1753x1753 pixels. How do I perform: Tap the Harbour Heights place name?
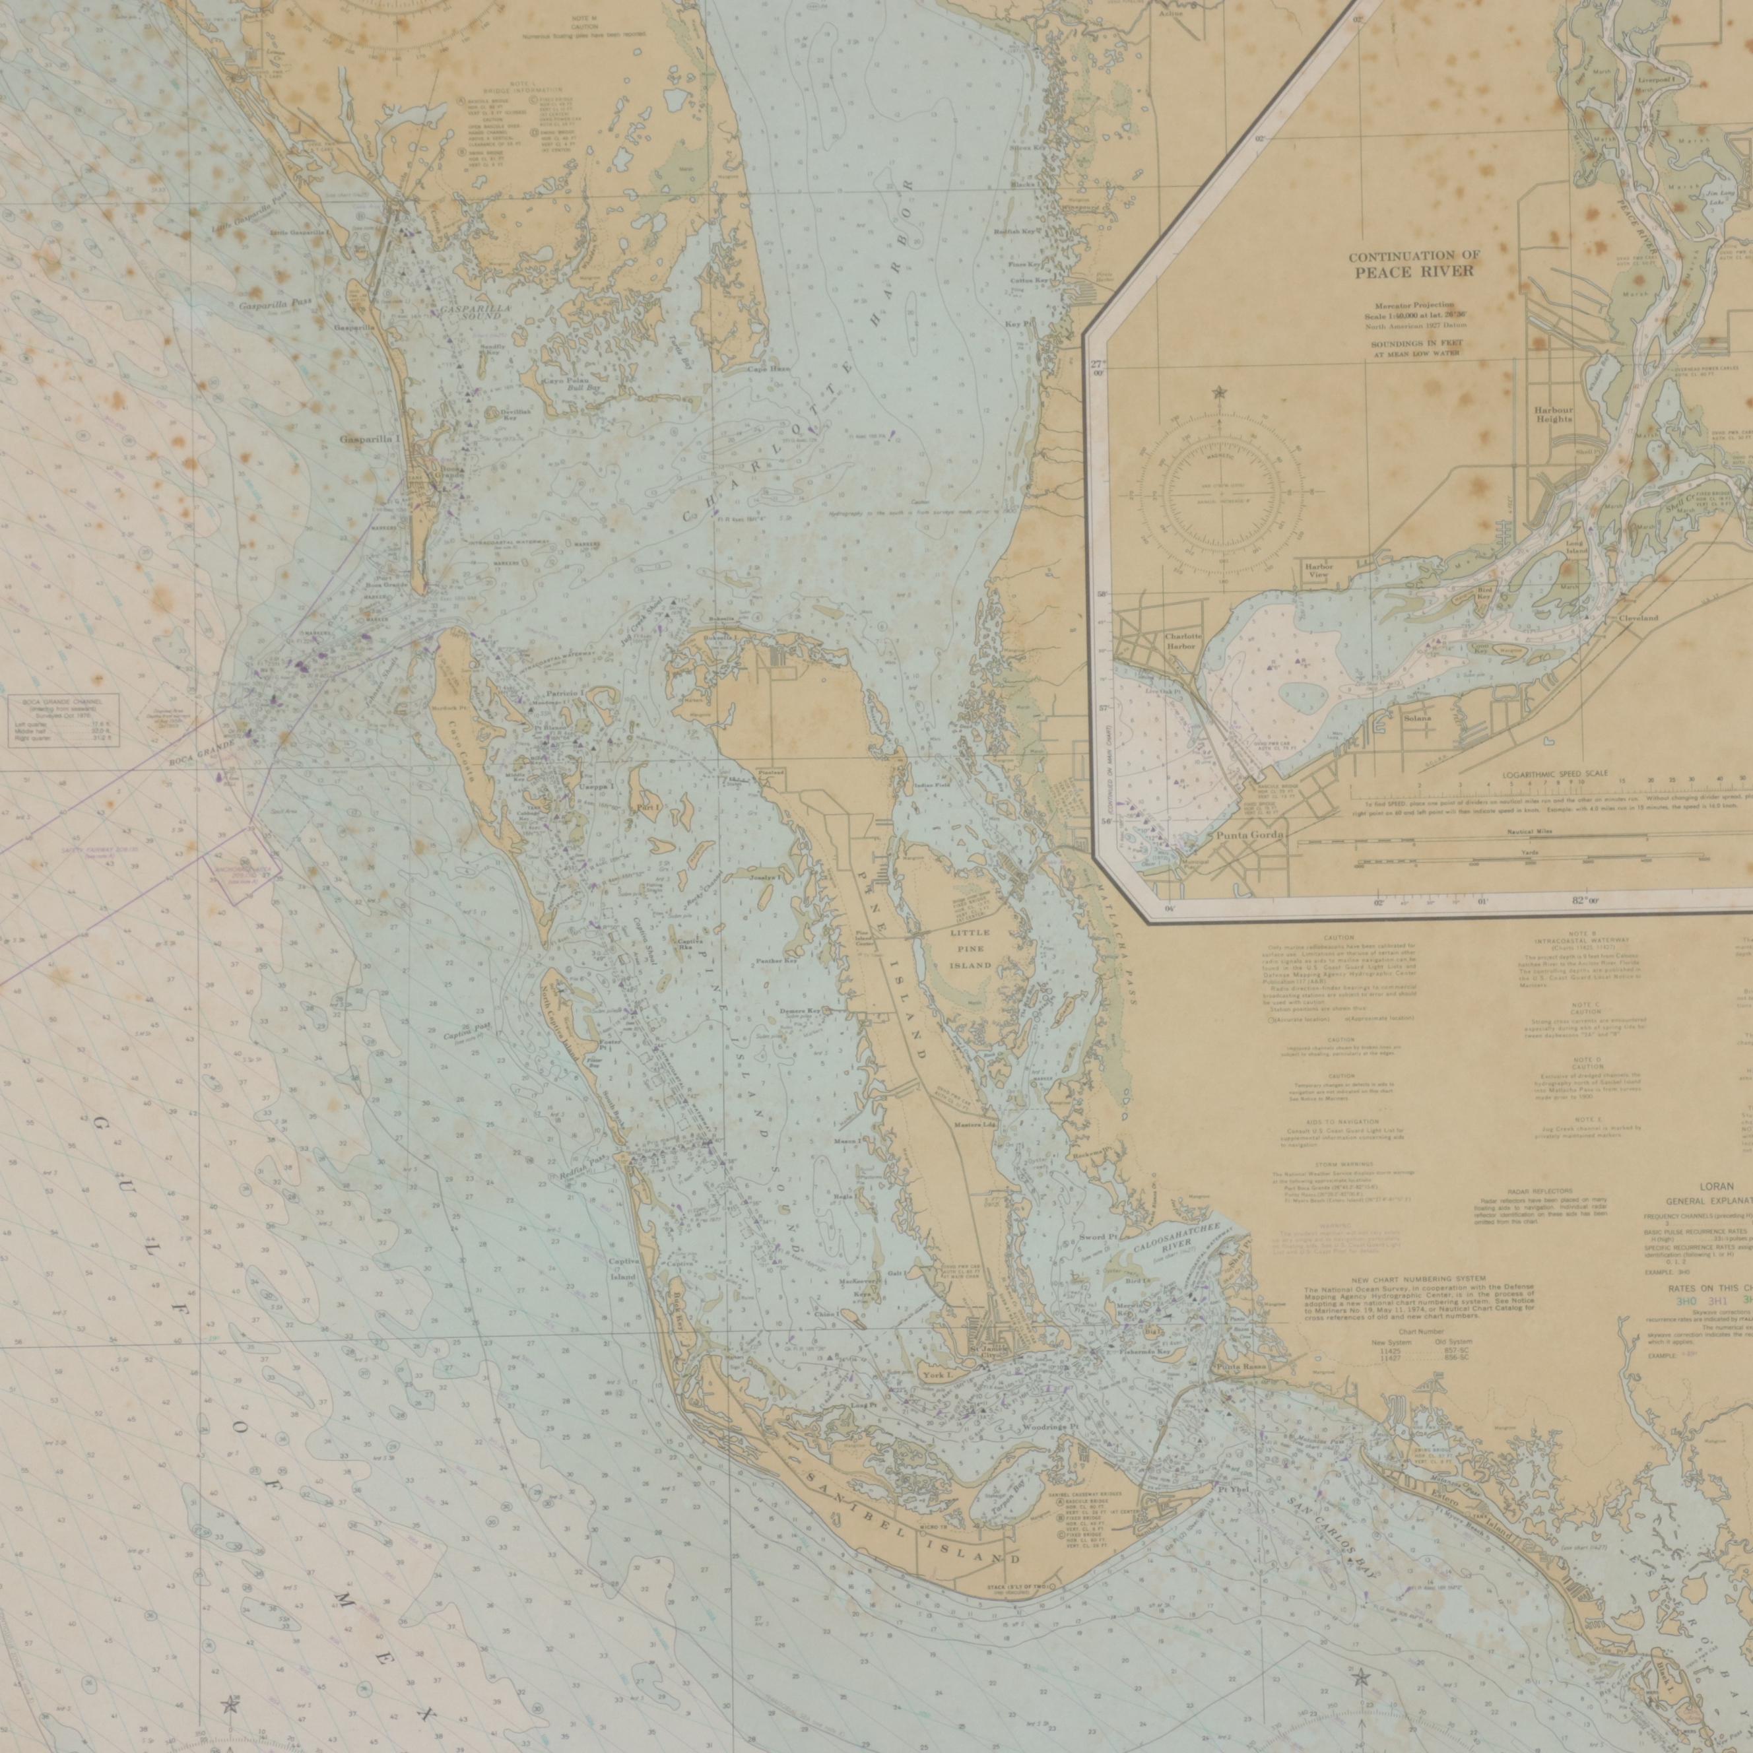1554,414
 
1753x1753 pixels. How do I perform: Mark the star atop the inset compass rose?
1218,393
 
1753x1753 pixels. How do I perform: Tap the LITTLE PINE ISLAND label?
970,949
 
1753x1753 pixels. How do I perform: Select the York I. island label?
934,1375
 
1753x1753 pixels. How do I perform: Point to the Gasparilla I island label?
370,439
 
